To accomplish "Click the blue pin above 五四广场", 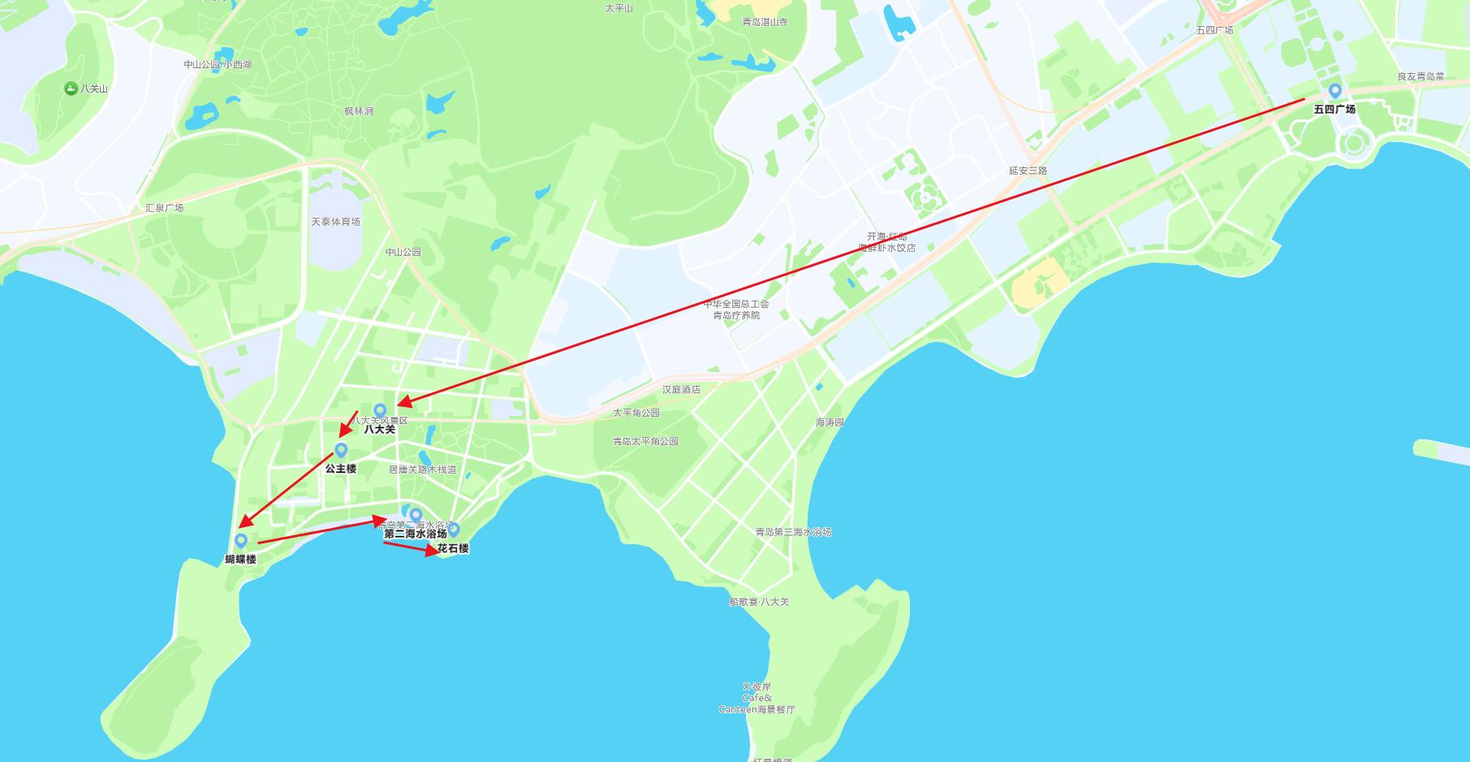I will [x=1334, y=90].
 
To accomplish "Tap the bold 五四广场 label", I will [x=1334, y=109].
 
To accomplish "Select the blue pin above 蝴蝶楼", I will [x=240, y=539].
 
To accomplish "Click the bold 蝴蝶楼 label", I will [x=240, y=559].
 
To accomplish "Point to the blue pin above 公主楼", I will [x=341, y=449].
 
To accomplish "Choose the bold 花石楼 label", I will [x=453, y=548].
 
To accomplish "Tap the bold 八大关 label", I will [x=379, y=429].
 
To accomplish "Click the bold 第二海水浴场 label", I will [x=416, y=534].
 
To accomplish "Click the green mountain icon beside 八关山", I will [x=71, y=89].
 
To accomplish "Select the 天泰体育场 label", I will [x=335, y=222].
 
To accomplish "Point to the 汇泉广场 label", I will [x=165, y=208].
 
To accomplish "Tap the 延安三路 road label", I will [x=1028, y=171].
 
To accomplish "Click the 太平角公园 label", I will [x=636, y=413].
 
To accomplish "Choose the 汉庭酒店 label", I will [x=681, y=390].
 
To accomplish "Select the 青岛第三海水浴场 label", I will [x=793, y=532].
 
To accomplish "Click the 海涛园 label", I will [x=830, y=422].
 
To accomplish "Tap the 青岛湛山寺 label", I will [x=765, y=22].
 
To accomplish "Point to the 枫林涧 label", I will [x=358, y=111].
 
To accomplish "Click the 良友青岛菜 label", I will [x=1420, y=76].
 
